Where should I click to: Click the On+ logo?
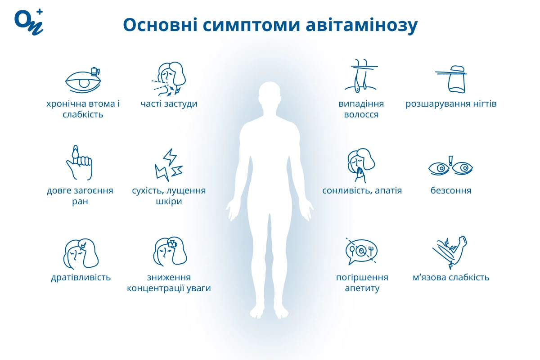pos(29,22)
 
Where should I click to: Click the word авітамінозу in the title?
pos(362,25)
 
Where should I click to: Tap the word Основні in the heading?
pos(160,25)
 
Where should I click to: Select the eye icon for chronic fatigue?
pos(83,80)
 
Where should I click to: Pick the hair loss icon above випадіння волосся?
pos(361,76)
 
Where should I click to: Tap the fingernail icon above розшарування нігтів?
pos(451,79)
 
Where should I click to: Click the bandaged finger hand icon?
pos(80,162)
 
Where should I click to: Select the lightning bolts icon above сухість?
pos(169,165)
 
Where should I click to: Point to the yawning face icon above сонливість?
pos(361,166)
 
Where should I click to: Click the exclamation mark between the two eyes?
pos(450,161)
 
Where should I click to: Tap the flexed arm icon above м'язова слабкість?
pos(450,252)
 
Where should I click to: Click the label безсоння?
pos(451,190)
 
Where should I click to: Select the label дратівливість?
pos(81,278)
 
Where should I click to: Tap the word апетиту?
pos(362,288)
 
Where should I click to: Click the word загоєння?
pos(93,191)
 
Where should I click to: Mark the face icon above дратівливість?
pos(81,254)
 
